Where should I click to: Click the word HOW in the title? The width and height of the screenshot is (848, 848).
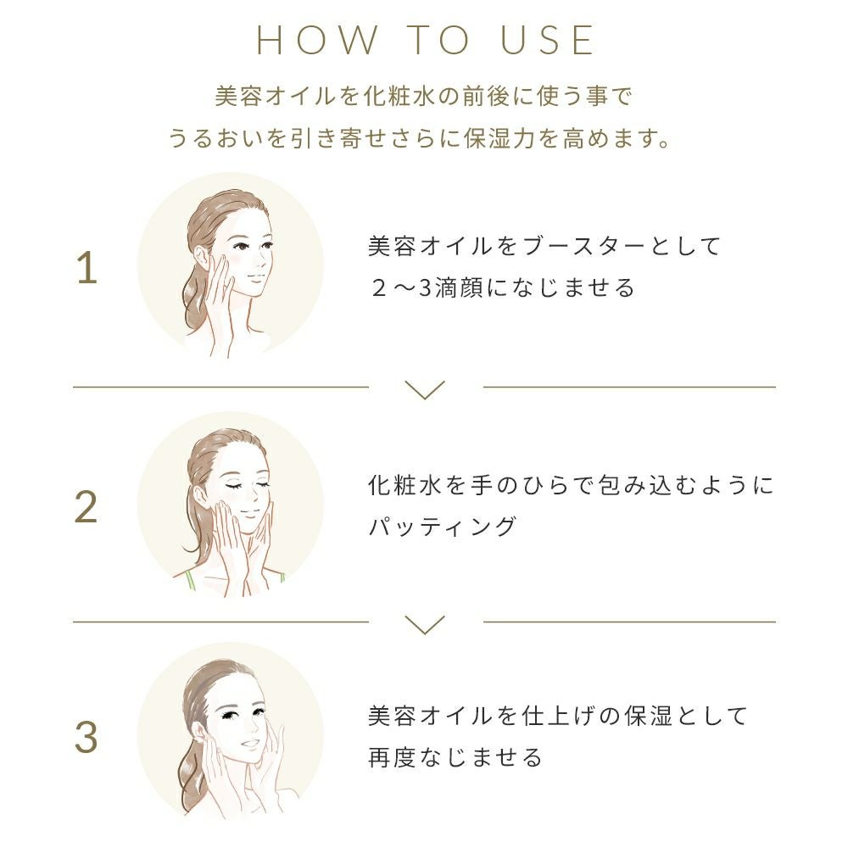(317, 40)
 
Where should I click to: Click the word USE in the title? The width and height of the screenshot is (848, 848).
(547, 40)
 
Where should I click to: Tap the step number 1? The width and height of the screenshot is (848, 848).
(86, 269)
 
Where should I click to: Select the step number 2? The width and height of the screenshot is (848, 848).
(86, 508)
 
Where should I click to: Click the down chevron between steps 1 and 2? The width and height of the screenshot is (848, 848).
(425, 389)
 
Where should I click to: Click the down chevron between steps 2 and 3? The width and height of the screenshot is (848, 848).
(425, 624)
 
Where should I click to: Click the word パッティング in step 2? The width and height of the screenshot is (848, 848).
(443, 527)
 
